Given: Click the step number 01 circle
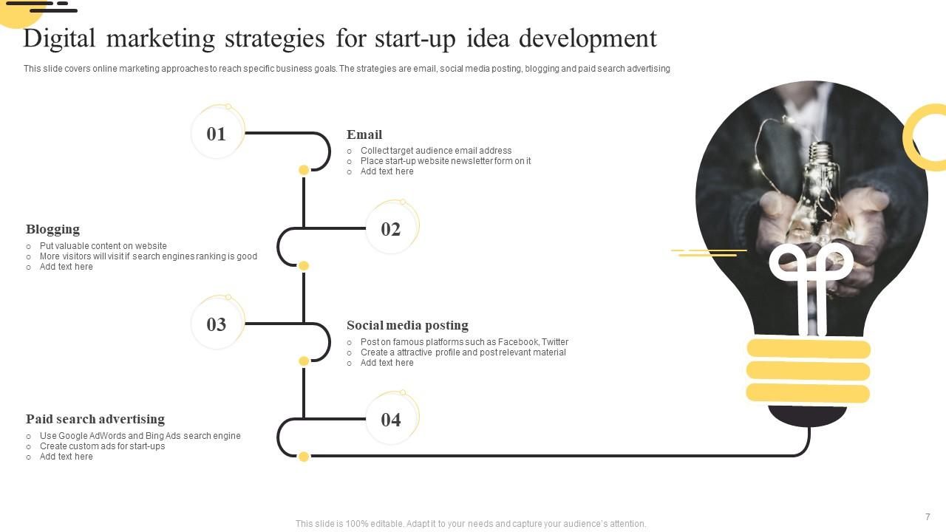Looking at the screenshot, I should click(x=217, y=134).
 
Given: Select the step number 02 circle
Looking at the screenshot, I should click(x=391, y=229).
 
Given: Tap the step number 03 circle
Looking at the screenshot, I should click(x=217, y=324).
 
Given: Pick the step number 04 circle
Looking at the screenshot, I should click(x=391, y=420).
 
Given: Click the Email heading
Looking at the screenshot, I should click(x=364, y=134).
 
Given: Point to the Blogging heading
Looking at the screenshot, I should click(x=52, y=229).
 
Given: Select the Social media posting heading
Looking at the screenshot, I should click(x=407, y=325).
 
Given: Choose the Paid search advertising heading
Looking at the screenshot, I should click(x=95, y=419).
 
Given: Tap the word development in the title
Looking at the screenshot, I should click(x=588, y=38).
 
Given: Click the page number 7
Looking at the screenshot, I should click(x=928, y=516).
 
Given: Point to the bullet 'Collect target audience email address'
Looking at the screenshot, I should click(x=436, y=151).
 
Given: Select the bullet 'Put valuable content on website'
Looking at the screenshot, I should click(x=103, y=246).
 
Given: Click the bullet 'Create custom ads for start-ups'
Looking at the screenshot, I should click(x=103, y=446).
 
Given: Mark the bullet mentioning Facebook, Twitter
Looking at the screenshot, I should click(x=464, y=342).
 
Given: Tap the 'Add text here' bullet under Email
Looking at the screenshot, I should click(x=387, y=171).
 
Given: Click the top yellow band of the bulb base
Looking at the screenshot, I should click(x=809, y=349).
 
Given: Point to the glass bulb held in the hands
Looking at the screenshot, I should click(x=820, y=185).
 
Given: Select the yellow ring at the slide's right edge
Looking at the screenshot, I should click(x=927, y=137).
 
